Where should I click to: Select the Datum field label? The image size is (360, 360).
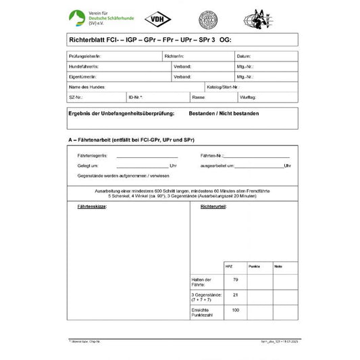point(244,56)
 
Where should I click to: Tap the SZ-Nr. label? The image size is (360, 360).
point(76,97)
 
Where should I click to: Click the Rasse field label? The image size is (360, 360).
point(198,97)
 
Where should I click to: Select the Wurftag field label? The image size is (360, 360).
point(247,97)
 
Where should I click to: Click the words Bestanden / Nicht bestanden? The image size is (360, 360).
point(224,113)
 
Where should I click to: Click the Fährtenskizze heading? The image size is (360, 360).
point(88,206)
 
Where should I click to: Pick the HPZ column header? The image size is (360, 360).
point(229,267)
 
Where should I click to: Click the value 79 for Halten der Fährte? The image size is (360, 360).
point(236,280)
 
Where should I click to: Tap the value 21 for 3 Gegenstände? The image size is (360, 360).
point(236,294)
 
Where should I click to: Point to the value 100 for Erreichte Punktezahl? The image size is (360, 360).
point(236,309)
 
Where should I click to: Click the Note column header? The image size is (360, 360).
point(278,267)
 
